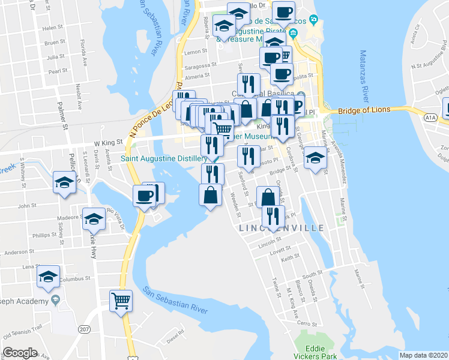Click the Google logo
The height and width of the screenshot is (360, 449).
[x=20, y=353]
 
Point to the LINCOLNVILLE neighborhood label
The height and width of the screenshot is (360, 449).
[x=282, y=229]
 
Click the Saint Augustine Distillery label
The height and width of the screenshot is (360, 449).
[x=164, y=158]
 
